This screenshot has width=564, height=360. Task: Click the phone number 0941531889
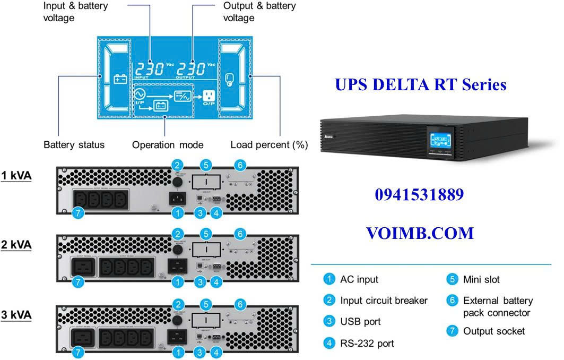click(419, 195)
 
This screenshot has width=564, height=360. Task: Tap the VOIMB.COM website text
click(420, 233)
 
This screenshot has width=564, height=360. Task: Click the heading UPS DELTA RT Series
click(421, 84)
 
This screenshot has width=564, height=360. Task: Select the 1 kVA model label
click(16, 176)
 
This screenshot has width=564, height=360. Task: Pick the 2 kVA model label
click(16, 245)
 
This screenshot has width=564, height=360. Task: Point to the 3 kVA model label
click(16, 315)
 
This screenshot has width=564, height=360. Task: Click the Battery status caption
click(74, 145)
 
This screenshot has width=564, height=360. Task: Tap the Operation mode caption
click(168, 145)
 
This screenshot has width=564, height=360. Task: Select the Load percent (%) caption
click(269, 145)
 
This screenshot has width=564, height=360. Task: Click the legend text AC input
click(359, 279)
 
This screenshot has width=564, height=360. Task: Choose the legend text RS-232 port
click(367, 344)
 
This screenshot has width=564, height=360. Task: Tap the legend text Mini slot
click(481, 279)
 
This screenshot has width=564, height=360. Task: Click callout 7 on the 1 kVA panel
click(78, 213)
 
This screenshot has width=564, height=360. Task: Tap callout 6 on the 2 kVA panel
click(240, 234)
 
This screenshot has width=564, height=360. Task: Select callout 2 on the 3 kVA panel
click(179, 304)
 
